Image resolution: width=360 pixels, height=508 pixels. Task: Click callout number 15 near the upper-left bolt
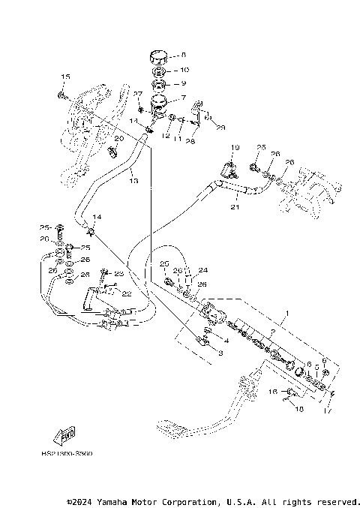pos(64,77)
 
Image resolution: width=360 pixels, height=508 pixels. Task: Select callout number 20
pos(118,139)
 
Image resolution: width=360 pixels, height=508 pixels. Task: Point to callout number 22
pos(127,293)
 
